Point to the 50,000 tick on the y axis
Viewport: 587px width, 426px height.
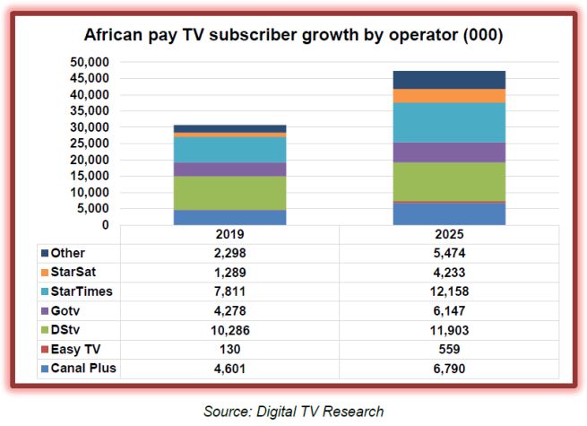click(x=90, y=62)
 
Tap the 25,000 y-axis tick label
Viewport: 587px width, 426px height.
click(x=90, y=143)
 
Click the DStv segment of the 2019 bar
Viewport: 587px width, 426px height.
click(x=230, y=192)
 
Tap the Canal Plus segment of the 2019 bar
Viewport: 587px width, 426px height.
click(x=230, y=217)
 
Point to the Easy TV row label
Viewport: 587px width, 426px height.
click(x=80, y=350)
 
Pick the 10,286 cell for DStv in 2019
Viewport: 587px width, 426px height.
click(x=229, y=330)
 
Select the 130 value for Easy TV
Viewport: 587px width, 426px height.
click(x=229, y=350)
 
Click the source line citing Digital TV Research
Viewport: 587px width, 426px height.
click(x=293, y=411)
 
